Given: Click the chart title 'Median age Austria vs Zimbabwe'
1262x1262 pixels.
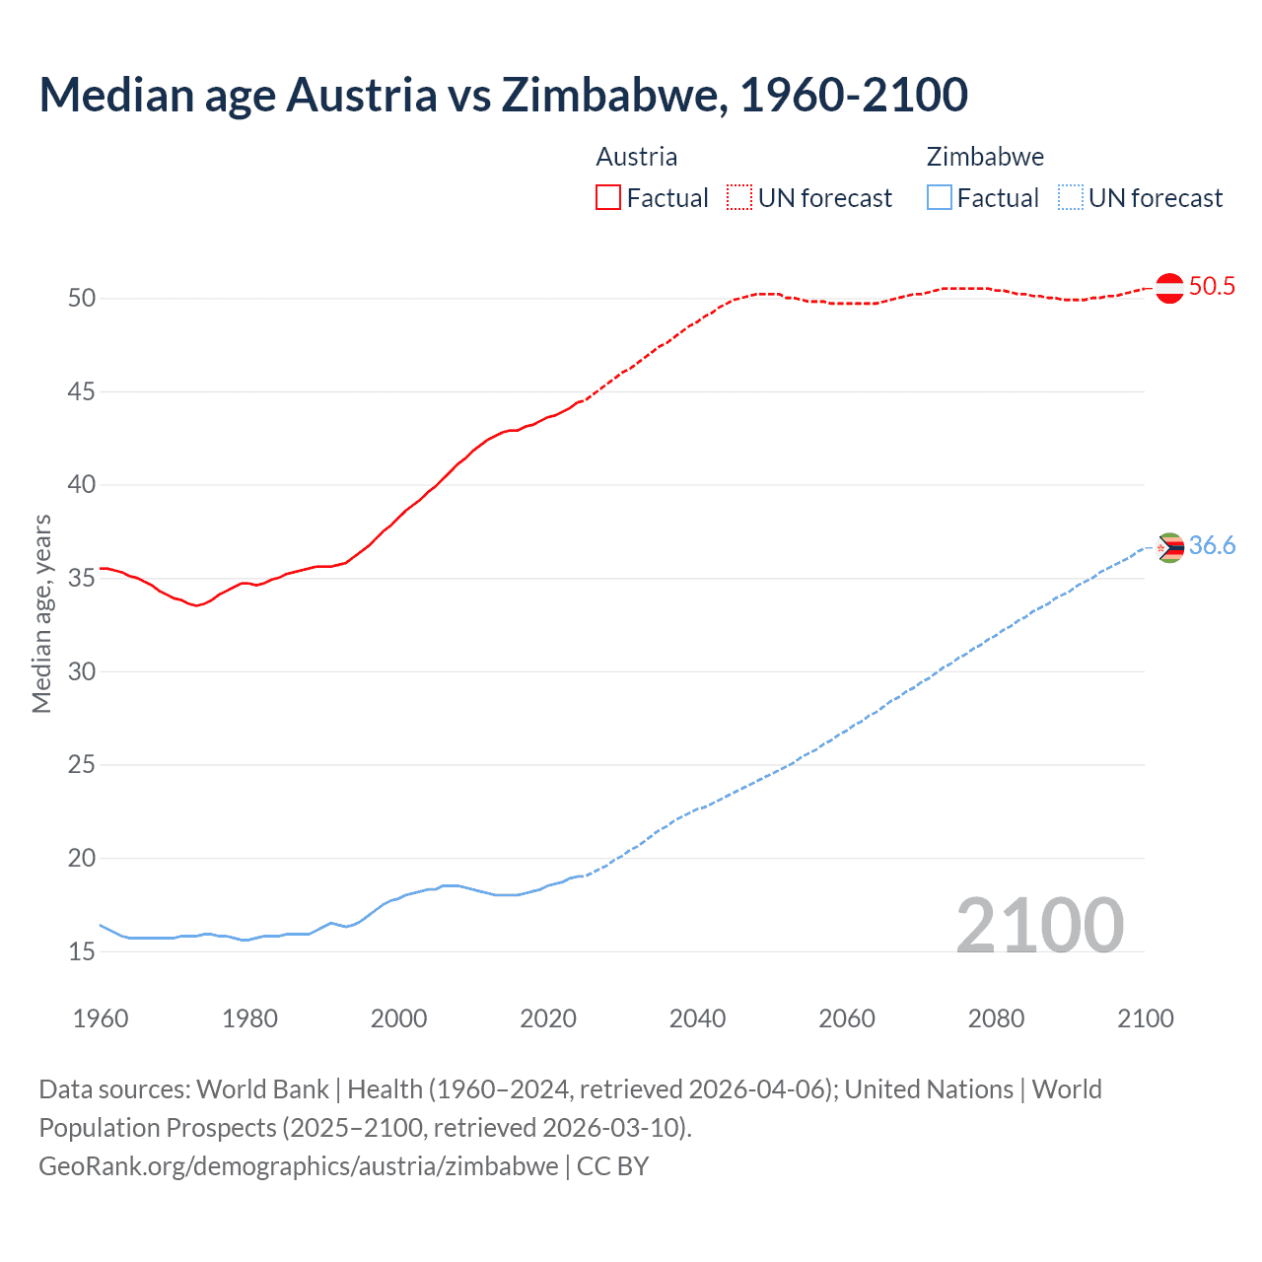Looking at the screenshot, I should point(503,95).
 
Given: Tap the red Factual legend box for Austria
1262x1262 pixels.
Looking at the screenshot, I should point(608,198).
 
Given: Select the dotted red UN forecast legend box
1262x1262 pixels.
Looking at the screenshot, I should point(739,198).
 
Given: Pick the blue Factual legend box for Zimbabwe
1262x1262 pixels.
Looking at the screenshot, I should point(939,198).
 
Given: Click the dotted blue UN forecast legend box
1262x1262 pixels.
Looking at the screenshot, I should point(1070,198).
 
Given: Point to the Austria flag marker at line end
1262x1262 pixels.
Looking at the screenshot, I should point(1169,288).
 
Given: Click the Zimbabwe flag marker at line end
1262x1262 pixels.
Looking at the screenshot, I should point(1169,547).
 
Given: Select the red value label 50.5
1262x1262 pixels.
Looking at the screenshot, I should point(1212,287).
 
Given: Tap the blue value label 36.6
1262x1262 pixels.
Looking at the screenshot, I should point(1212,546).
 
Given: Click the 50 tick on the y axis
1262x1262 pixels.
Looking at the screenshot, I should point(82,298).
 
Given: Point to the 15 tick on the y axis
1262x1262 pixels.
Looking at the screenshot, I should point(82,951).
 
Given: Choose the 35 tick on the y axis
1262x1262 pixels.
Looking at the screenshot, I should point(82,578).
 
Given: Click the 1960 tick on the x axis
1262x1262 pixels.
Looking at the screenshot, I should point(101,1018).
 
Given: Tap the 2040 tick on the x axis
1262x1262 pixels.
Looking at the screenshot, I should point(697,1018).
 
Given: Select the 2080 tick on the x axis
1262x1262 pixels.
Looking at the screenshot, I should point(996,1018).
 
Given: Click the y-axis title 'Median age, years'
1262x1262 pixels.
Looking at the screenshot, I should point(41,613).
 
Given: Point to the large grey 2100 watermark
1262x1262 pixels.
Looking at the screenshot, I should point(1039,925).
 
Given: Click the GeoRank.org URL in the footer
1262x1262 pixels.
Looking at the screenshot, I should point(298,1166).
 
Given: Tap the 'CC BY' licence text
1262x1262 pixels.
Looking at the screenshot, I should point(612,1166).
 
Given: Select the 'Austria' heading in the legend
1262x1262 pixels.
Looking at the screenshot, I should point(636,157).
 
